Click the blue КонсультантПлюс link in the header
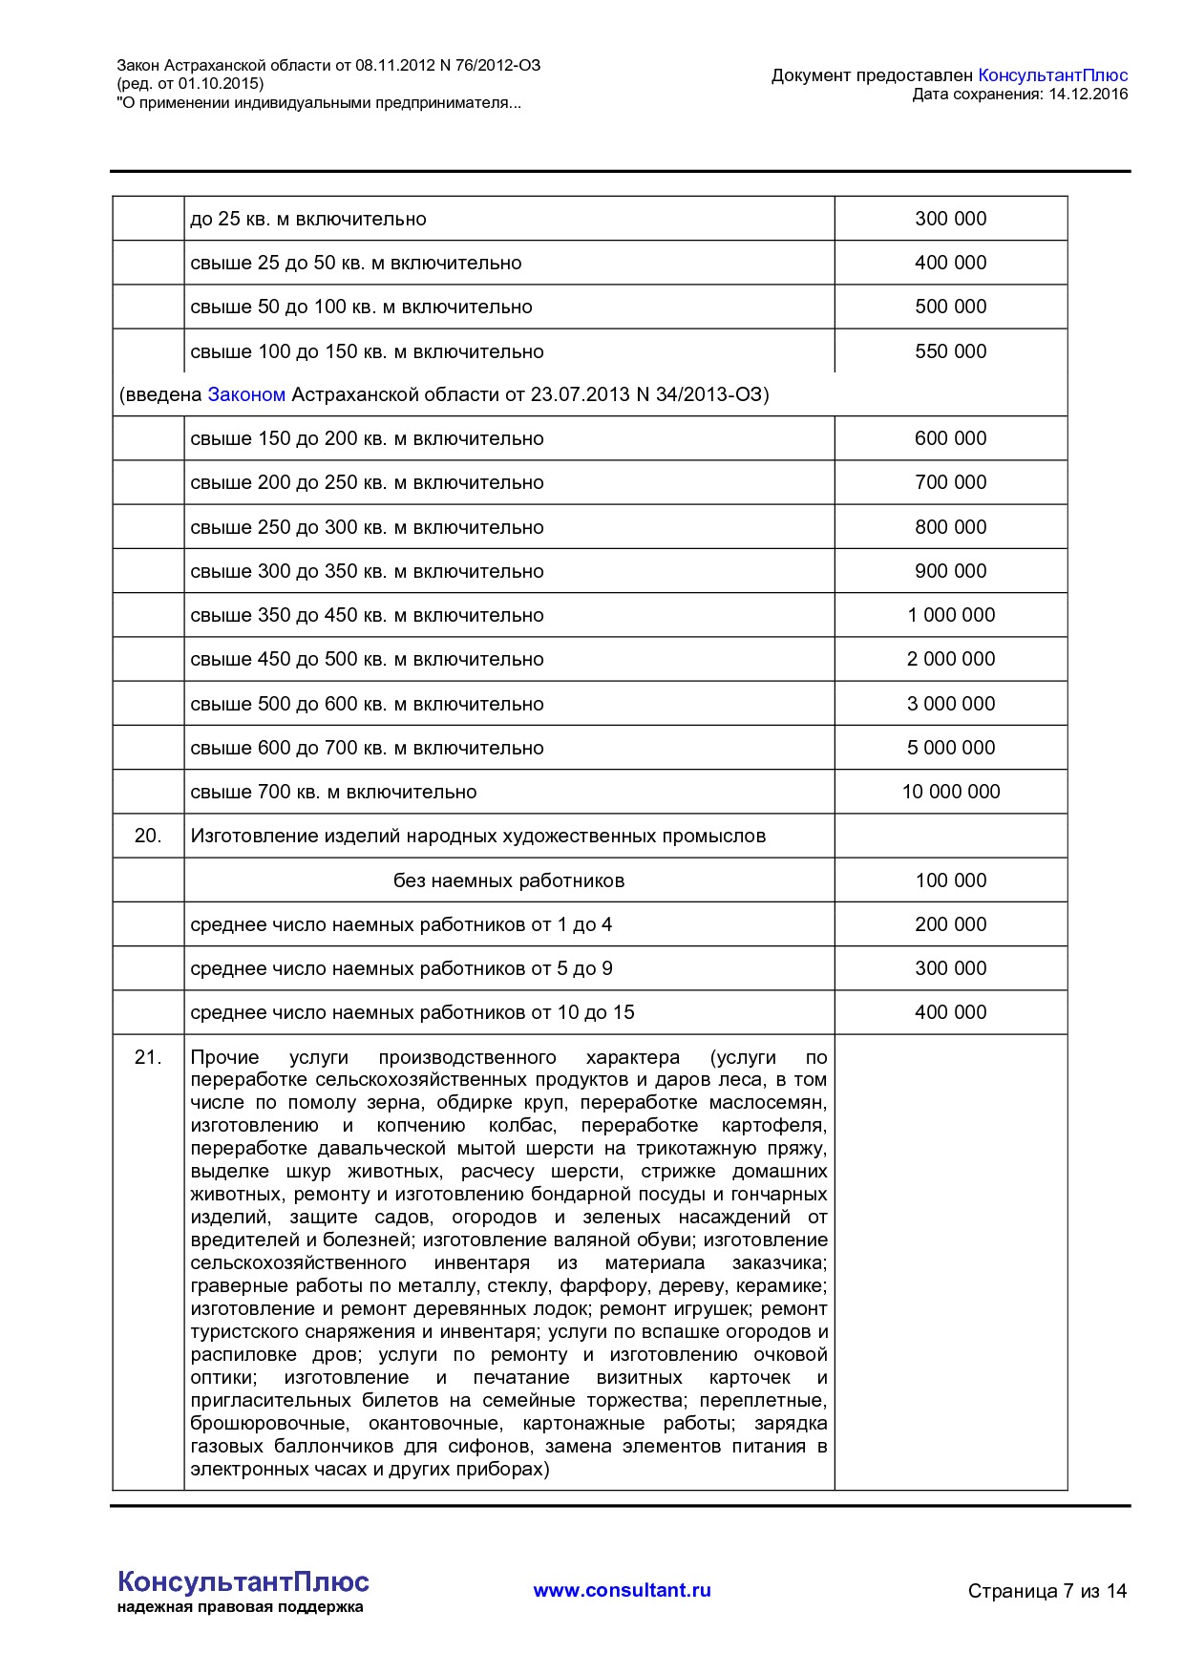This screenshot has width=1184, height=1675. coord(1052,75)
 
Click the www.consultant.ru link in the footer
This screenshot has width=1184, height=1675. coord(622,1590)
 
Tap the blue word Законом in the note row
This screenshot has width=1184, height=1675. coord(246,394)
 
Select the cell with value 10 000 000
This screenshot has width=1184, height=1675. coord(950,792)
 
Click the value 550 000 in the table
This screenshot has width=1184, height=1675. coord(950,351)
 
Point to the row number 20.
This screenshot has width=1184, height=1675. coord(148,836)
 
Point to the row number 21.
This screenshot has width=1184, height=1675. coord(148,1057)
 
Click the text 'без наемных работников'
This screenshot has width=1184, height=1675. coord(508,880)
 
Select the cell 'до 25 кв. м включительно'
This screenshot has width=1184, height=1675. coord(308,219)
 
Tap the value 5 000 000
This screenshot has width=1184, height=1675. coord(950,748)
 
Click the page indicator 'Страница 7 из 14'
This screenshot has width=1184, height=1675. coord(1047,1591)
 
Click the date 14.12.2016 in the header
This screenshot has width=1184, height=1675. coord(1088,94)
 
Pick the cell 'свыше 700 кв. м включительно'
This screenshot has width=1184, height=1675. coord(333,792)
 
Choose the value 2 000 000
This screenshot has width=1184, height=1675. coord(950,659)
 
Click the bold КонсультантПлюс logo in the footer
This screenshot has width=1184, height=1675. coord(243,1581)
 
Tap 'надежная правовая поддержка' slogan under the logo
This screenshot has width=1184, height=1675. coord(240,1607)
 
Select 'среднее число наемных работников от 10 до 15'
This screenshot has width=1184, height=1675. coord(412,1012)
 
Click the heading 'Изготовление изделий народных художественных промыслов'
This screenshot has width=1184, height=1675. coord(477,836)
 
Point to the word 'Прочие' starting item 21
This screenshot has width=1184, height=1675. coord(224,1057)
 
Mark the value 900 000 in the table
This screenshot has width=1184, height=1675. coord(950,571)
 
